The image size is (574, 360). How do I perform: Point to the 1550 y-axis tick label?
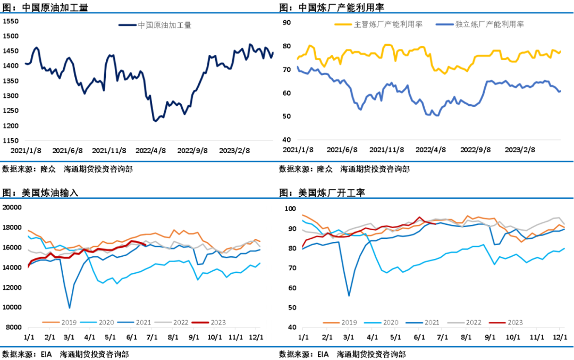[11, 21]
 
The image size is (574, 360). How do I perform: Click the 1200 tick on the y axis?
[11, 126]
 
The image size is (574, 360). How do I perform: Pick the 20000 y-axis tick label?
[12, 207]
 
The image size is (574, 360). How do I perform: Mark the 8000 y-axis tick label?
[13, 328]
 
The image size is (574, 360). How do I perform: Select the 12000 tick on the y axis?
[12, 288]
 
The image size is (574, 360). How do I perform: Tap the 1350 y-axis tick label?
[11, 81]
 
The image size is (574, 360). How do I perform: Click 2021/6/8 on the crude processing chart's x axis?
[67, 150]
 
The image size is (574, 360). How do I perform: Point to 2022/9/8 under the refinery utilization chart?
[476, 150]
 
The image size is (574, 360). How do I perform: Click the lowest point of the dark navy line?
[155, 121]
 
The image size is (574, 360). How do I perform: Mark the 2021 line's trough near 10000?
[70, 307]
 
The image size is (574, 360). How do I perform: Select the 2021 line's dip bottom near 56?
[349, 296]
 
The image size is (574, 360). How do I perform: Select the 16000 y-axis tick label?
[12, 248]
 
